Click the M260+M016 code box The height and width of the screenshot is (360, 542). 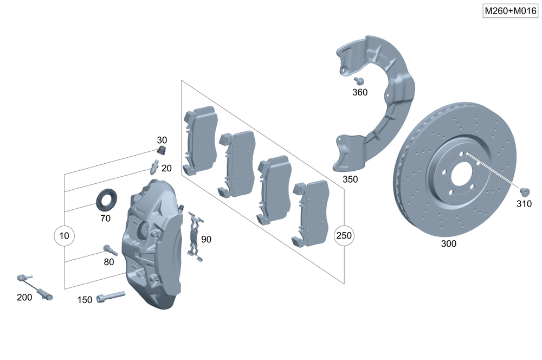[509, 11]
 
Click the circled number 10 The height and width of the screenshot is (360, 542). [64, 236]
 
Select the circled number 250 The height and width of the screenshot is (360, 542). [344, 236]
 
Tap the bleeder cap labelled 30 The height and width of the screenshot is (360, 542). [161, 150]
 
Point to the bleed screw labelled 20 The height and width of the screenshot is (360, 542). [154, 166]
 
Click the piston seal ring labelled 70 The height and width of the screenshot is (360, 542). [106, 199]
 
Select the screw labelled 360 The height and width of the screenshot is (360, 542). [359, 81]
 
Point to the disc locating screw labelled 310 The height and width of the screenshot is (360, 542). [524, 191]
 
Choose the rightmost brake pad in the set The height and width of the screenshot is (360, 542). [311, 211]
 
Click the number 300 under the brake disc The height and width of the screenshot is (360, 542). [449, 244]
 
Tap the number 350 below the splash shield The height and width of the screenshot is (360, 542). [350, 179]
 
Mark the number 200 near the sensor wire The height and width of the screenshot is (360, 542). [24, 297]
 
